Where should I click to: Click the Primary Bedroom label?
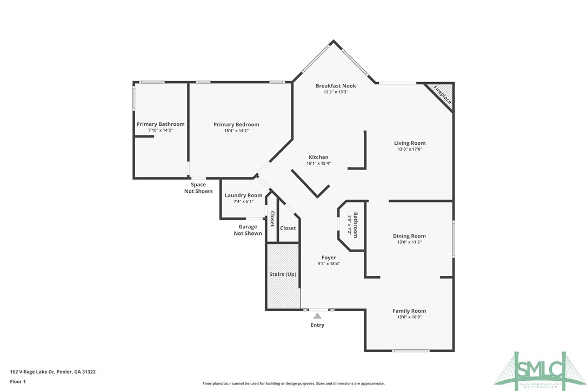[x=236, y=124]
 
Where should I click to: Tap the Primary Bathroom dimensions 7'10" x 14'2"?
[x=160, y=130]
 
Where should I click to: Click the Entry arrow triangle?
[x=317, y=315]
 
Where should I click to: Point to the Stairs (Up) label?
[x=283, y=274]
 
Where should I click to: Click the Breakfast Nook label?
[x=336, y=85]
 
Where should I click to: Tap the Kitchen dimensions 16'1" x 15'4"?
[x=318, y=163]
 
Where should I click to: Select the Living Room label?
[x=409, y=143]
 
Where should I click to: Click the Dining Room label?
[x=409, y=236]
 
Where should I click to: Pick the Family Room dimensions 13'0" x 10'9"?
[x=409, y=317]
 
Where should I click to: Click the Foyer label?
[x=328, y=258]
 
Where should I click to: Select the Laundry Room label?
[x=243, y=195]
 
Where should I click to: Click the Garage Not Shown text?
[x=248, y=230]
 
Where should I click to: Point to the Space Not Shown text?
[x=198, y=188]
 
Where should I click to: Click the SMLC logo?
[x=541, y=368]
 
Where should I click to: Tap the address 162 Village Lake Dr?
[x=53, y=372]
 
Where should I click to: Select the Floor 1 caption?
[x=18, y=381]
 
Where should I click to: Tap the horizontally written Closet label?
[x=288, y=228]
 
